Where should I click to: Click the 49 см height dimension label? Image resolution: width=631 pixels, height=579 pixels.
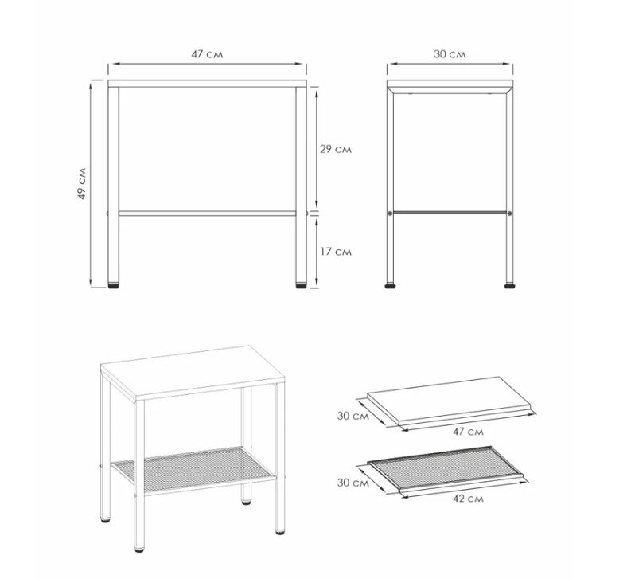click(82, 183)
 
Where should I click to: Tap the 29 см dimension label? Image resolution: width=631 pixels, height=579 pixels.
click(336, 149)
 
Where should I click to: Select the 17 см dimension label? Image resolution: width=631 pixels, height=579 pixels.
click(336, 252)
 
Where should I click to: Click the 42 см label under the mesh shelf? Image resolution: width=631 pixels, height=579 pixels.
click(468, 499)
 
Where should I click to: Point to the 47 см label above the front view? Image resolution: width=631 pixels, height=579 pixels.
click(207, 54)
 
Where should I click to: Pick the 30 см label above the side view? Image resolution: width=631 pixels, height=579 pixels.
click(450, 54)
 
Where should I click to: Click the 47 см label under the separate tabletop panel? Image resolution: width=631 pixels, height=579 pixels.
click(468, 432)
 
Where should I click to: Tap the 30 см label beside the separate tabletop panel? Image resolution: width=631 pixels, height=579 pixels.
click(353, 416)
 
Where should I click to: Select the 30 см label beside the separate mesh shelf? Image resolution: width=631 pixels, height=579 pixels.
click(353, 482)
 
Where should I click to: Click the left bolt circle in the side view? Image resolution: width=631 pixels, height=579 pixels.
click(390, 213)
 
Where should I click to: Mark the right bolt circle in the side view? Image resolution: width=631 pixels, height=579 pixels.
click(510, 213)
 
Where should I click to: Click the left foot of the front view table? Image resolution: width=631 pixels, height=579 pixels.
click(114, 285)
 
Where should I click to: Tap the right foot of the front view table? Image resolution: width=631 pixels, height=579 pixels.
click(301, 285)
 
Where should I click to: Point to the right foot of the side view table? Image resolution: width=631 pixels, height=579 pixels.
click(509, 285)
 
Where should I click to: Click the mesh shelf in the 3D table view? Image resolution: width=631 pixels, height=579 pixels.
click(194, 468)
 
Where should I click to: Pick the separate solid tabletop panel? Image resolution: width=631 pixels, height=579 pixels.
click(450, 400)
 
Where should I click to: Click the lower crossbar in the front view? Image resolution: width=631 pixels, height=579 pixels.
click(207, 213)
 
